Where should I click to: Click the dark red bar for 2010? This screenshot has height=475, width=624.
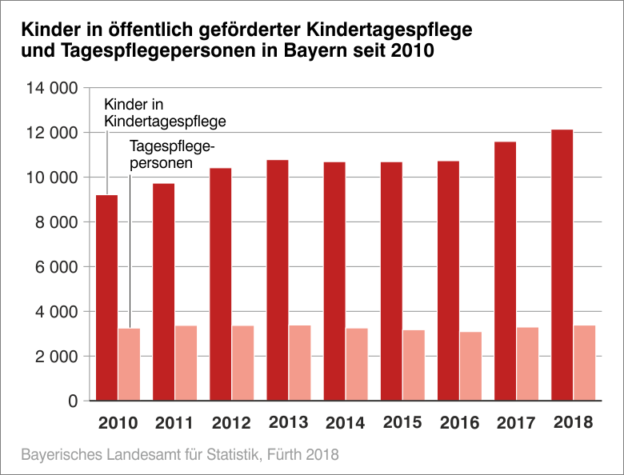coord(106,297)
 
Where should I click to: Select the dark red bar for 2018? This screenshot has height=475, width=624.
coord(562,265)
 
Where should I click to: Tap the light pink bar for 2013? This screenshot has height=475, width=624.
coord(300,362)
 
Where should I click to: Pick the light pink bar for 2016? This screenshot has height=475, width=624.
coord(470,365)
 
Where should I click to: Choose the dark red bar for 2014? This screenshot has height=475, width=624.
coord(334,281)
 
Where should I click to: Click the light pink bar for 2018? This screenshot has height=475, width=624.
coord(584,362)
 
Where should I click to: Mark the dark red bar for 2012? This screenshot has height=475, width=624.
coord(221,284)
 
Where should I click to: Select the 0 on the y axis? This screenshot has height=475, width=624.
coord(71,401)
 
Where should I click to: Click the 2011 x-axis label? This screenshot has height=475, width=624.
coord(174,422)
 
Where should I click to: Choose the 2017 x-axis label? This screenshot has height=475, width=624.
coord(516,422)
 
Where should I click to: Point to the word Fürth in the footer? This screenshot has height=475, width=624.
coord(287,455)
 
